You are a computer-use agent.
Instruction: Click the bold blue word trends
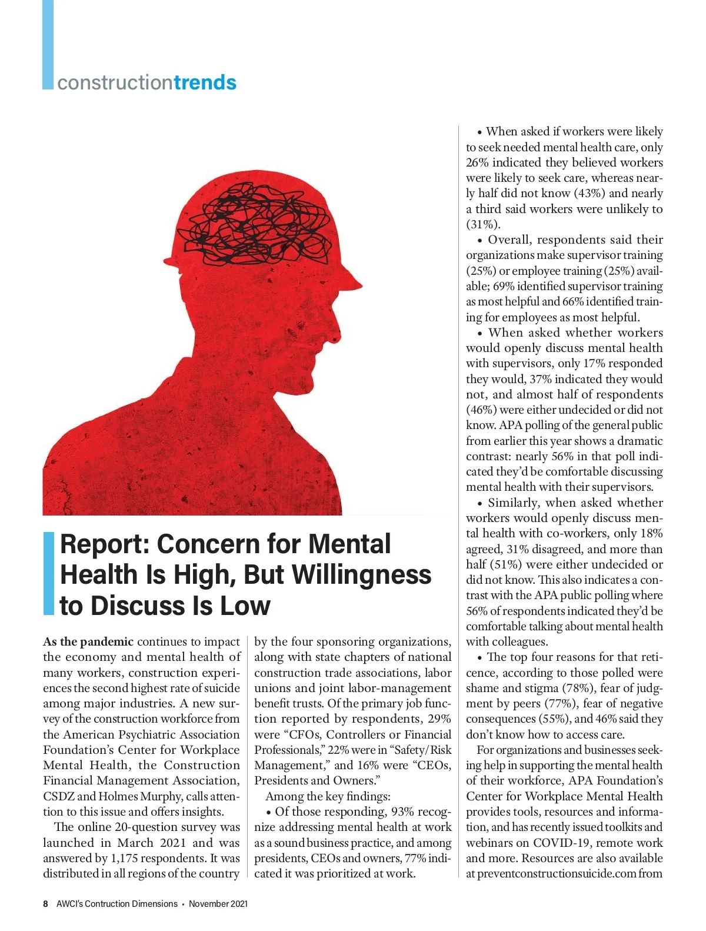pos(205,82)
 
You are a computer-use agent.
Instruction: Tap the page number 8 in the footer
pos(46,903)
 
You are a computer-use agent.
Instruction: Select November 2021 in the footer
pos(218,903)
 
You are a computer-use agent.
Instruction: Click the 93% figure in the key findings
pos(402,812)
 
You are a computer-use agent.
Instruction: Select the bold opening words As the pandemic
pos(88,641)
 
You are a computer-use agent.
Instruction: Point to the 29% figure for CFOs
pos(439,719)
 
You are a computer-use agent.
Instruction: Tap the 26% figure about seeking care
pos(477,162)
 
